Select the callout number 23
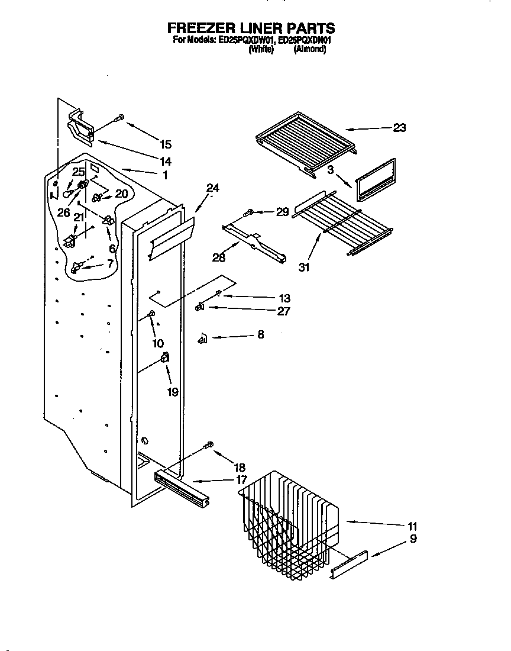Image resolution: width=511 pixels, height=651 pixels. click(400, 128)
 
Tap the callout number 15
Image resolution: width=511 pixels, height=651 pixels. click(166, 144)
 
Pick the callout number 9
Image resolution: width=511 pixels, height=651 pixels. click(413, 539)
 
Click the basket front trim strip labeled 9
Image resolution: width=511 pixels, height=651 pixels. click(349, 565)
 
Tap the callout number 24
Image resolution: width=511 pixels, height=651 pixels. click(212, 189)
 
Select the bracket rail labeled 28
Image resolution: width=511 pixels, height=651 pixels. click(254, 240)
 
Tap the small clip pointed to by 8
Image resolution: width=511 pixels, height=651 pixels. click(202, 338)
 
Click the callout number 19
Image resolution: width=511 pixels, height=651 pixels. click(172, 391)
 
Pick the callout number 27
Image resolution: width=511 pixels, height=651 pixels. click(283, 311)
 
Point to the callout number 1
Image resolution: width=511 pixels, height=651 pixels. click(165, 175)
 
